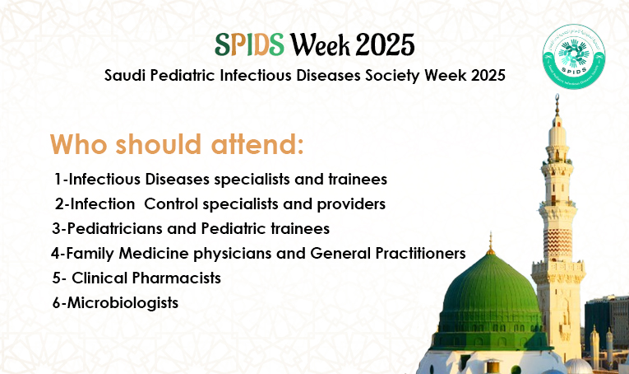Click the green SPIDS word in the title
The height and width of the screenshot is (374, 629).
point(249,44)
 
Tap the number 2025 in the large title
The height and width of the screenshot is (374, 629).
point(385,44)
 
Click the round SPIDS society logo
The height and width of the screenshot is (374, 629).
point(574,57)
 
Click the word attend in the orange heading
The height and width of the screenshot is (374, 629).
point(257,144)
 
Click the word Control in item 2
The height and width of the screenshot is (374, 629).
point(171,204)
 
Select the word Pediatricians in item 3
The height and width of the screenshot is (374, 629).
point(114,228)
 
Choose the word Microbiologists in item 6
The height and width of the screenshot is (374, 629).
point(123,303)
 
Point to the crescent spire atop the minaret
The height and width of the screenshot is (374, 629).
point(557,105)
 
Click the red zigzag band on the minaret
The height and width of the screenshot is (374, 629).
point(558,244)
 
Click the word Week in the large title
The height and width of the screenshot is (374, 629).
point(320,44)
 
